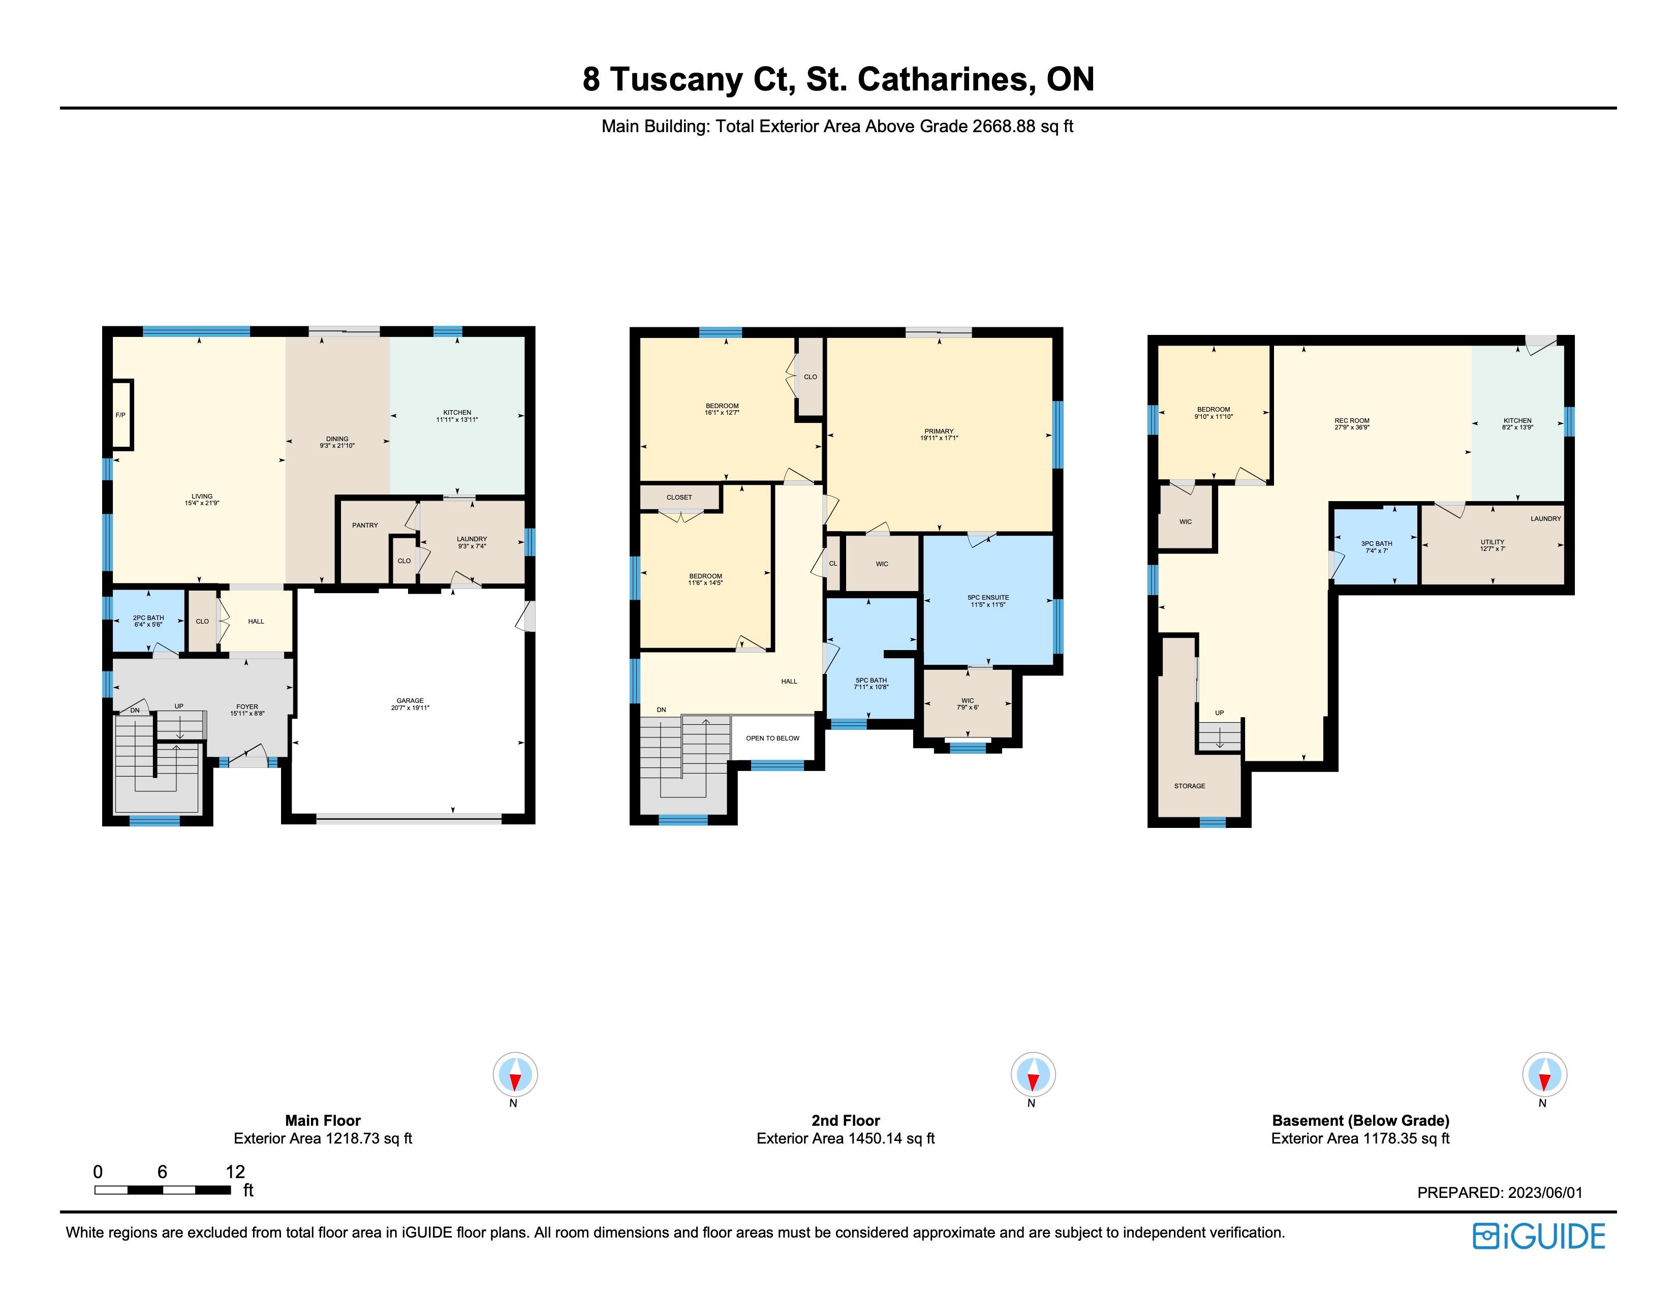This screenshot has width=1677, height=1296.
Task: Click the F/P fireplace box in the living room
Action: pyautogui.click(x=122, y=415)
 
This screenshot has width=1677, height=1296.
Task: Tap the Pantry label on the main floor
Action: pyautogui.click(x=365, y=525)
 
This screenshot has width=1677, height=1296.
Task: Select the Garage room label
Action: pyautogui.click(x=410, y=700)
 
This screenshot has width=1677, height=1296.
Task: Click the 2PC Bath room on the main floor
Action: pyautogui.click(x=149, y=621)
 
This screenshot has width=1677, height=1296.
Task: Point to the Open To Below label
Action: pyautogui.click(x=772, y=738)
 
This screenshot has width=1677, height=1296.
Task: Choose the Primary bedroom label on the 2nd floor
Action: pyautogui.click(x=938, y=431)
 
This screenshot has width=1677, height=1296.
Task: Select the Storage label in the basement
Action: pyautogui.click(x=1190, y=786)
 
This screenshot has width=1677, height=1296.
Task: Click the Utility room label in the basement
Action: pyautogui.click(x=1493, y=542)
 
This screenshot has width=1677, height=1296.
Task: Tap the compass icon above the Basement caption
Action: pyautogui.click(x=1545, y=1074)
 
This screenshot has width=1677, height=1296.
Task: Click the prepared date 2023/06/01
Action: pyautogui.click(x=1545, y=1192)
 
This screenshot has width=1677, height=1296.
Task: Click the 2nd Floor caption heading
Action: pyautogui.click(x=846, y=1120)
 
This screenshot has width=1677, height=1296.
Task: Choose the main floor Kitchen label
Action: pyautogui.click(x=457, y=412)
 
